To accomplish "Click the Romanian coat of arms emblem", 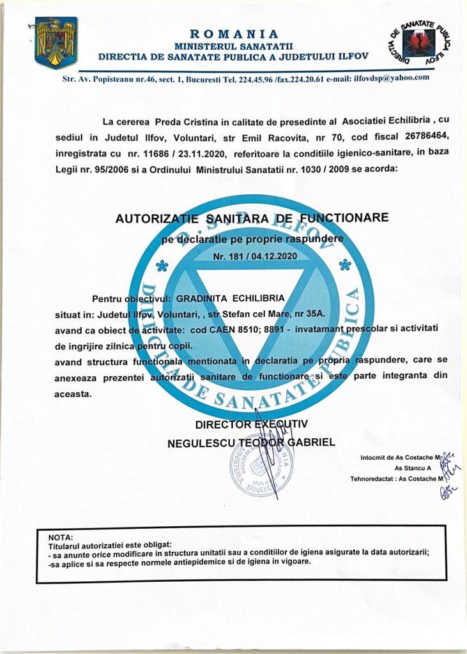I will (x=56, y=43).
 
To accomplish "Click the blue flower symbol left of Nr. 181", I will (x=162, y=266).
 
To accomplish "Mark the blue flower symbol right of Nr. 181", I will (x=344, y=264).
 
